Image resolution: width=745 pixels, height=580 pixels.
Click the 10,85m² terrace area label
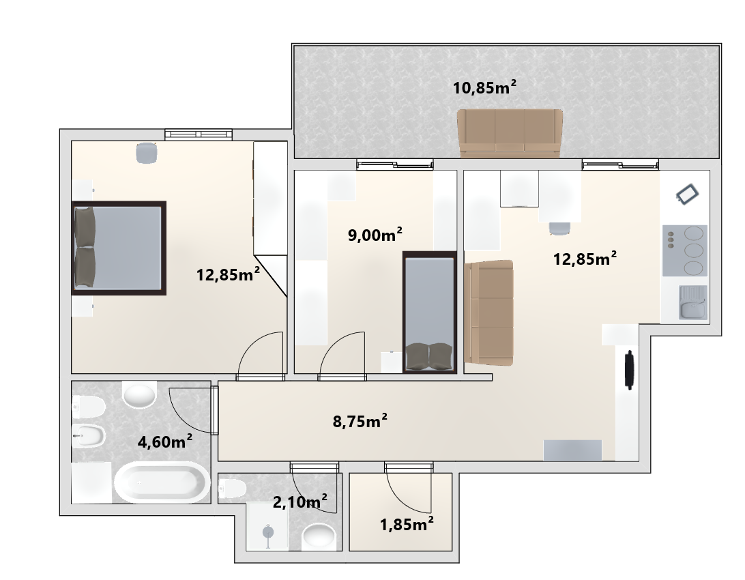[x=484, y=87]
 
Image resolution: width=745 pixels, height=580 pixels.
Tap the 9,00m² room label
[x=375, y=234]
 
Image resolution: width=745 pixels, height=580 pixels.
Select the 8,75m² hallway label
[x=360, y=420]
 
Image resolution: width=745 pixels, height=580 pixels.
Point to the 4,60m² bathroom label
[x=165, y=441]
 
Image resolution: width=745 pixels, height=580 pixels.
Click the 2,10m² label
[x=300, y=501]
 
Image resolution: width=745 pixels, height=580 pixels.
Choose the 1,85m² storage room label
[x=407, y=524]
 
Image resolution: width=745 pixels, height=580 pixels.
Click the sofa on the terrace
[x=510, y=133]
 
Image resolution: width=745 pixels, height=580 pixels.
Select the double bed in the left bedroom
[x=119, y=248]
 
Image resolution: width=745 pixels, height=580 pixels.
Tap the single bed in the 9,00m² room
[x=430, y=312]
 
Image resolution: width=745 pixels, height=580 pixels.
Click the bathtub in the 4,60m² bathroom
[x=162, y=482]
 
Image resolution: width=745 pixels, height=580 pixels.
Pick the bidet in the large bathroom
[x=89, y=434]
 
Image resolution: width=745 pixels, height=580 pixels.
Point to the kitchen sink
[x=692, y=302]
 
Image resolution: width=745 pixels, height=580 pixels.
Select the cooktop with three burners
[x=685, y=250]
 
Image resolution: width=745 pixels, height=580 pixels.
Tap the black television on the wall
[x=630, y=370]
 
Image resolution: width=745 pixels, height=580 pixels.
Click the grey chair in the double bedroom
[x=146, y=152]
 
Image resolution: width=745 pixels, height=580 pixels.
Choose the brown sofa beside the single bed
[x=489, y=313]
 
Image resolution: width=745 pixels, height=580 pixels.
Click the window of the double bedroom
[x=199, y=134]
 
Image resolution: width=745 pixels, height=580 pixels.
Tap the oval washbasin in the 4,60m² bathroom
[x=139, y=394]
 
